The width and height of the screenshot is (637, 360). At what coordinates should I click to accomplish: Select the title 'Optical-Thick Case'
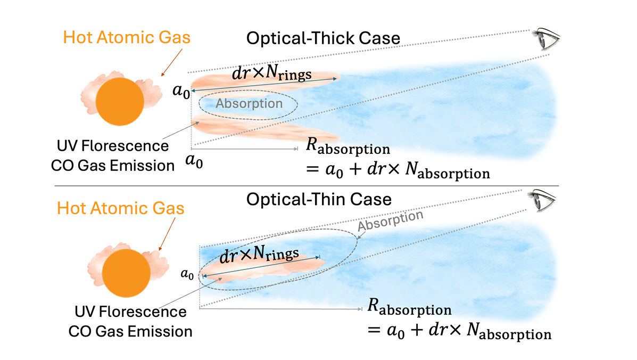click(x=322, y=39)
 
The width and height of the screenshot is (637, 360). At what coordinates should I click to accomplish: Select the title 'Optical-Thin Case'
click(x=319, y=199)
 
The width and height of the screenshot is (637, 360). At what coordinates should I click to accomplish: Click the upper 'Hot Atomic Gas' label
click(x=127, y=37)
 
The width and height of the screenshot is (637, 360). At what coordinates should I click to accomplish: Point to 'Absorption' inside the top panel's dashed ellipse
click(x=249, y=103)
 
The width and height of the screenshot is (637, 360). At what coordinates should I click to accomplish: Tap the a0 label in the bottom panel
click(x=187, y=274)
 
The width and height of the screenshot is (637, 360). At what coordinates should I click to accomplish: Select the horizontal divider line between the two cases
click(x=318, y=186)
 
